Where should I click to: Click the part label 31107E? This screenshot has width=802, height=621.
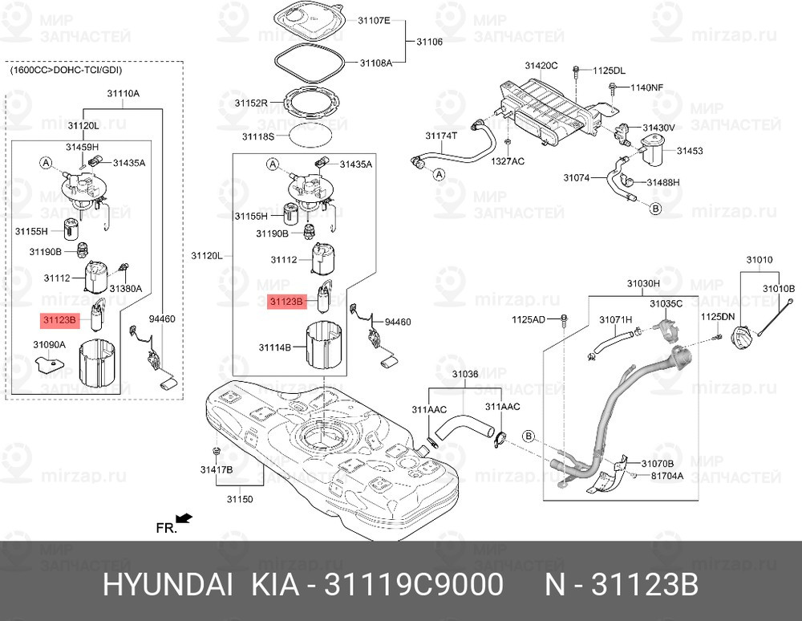[x=375, y=22]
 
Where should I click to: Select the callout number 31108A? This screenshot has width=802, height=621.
[x=375, y=63]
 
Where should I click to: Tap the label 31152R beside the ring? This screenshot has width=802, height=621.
[x=251, y=103]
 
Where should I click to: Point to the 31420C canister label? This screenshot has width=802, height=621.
[x=541, y=65]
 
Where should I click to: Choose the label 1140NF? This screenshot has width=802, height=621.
[x=646, y=87]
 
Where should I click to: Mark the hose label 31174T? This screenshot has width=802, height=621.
[x=441, y=136]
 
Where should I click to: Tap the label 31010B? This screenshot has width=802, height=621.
[x=778, y=288]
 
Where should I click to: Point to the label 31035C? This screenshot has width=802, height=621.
[x=666, y=303]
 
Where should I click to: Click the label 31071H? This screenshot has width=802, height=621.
[x=616, y=320]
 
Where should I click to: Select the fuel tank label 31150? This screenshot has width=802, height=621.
[x=239, y=499]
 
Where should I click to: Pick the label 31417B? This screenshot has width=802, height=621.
[x=217, y=469]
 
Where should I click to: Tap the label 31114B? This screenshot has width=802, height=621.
[x=274, y=347]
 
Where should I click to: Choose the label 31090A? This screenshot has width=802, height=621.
[x=49, y=344]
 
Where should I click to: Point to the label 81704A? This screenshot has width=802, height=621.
[x=666, y=476]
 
